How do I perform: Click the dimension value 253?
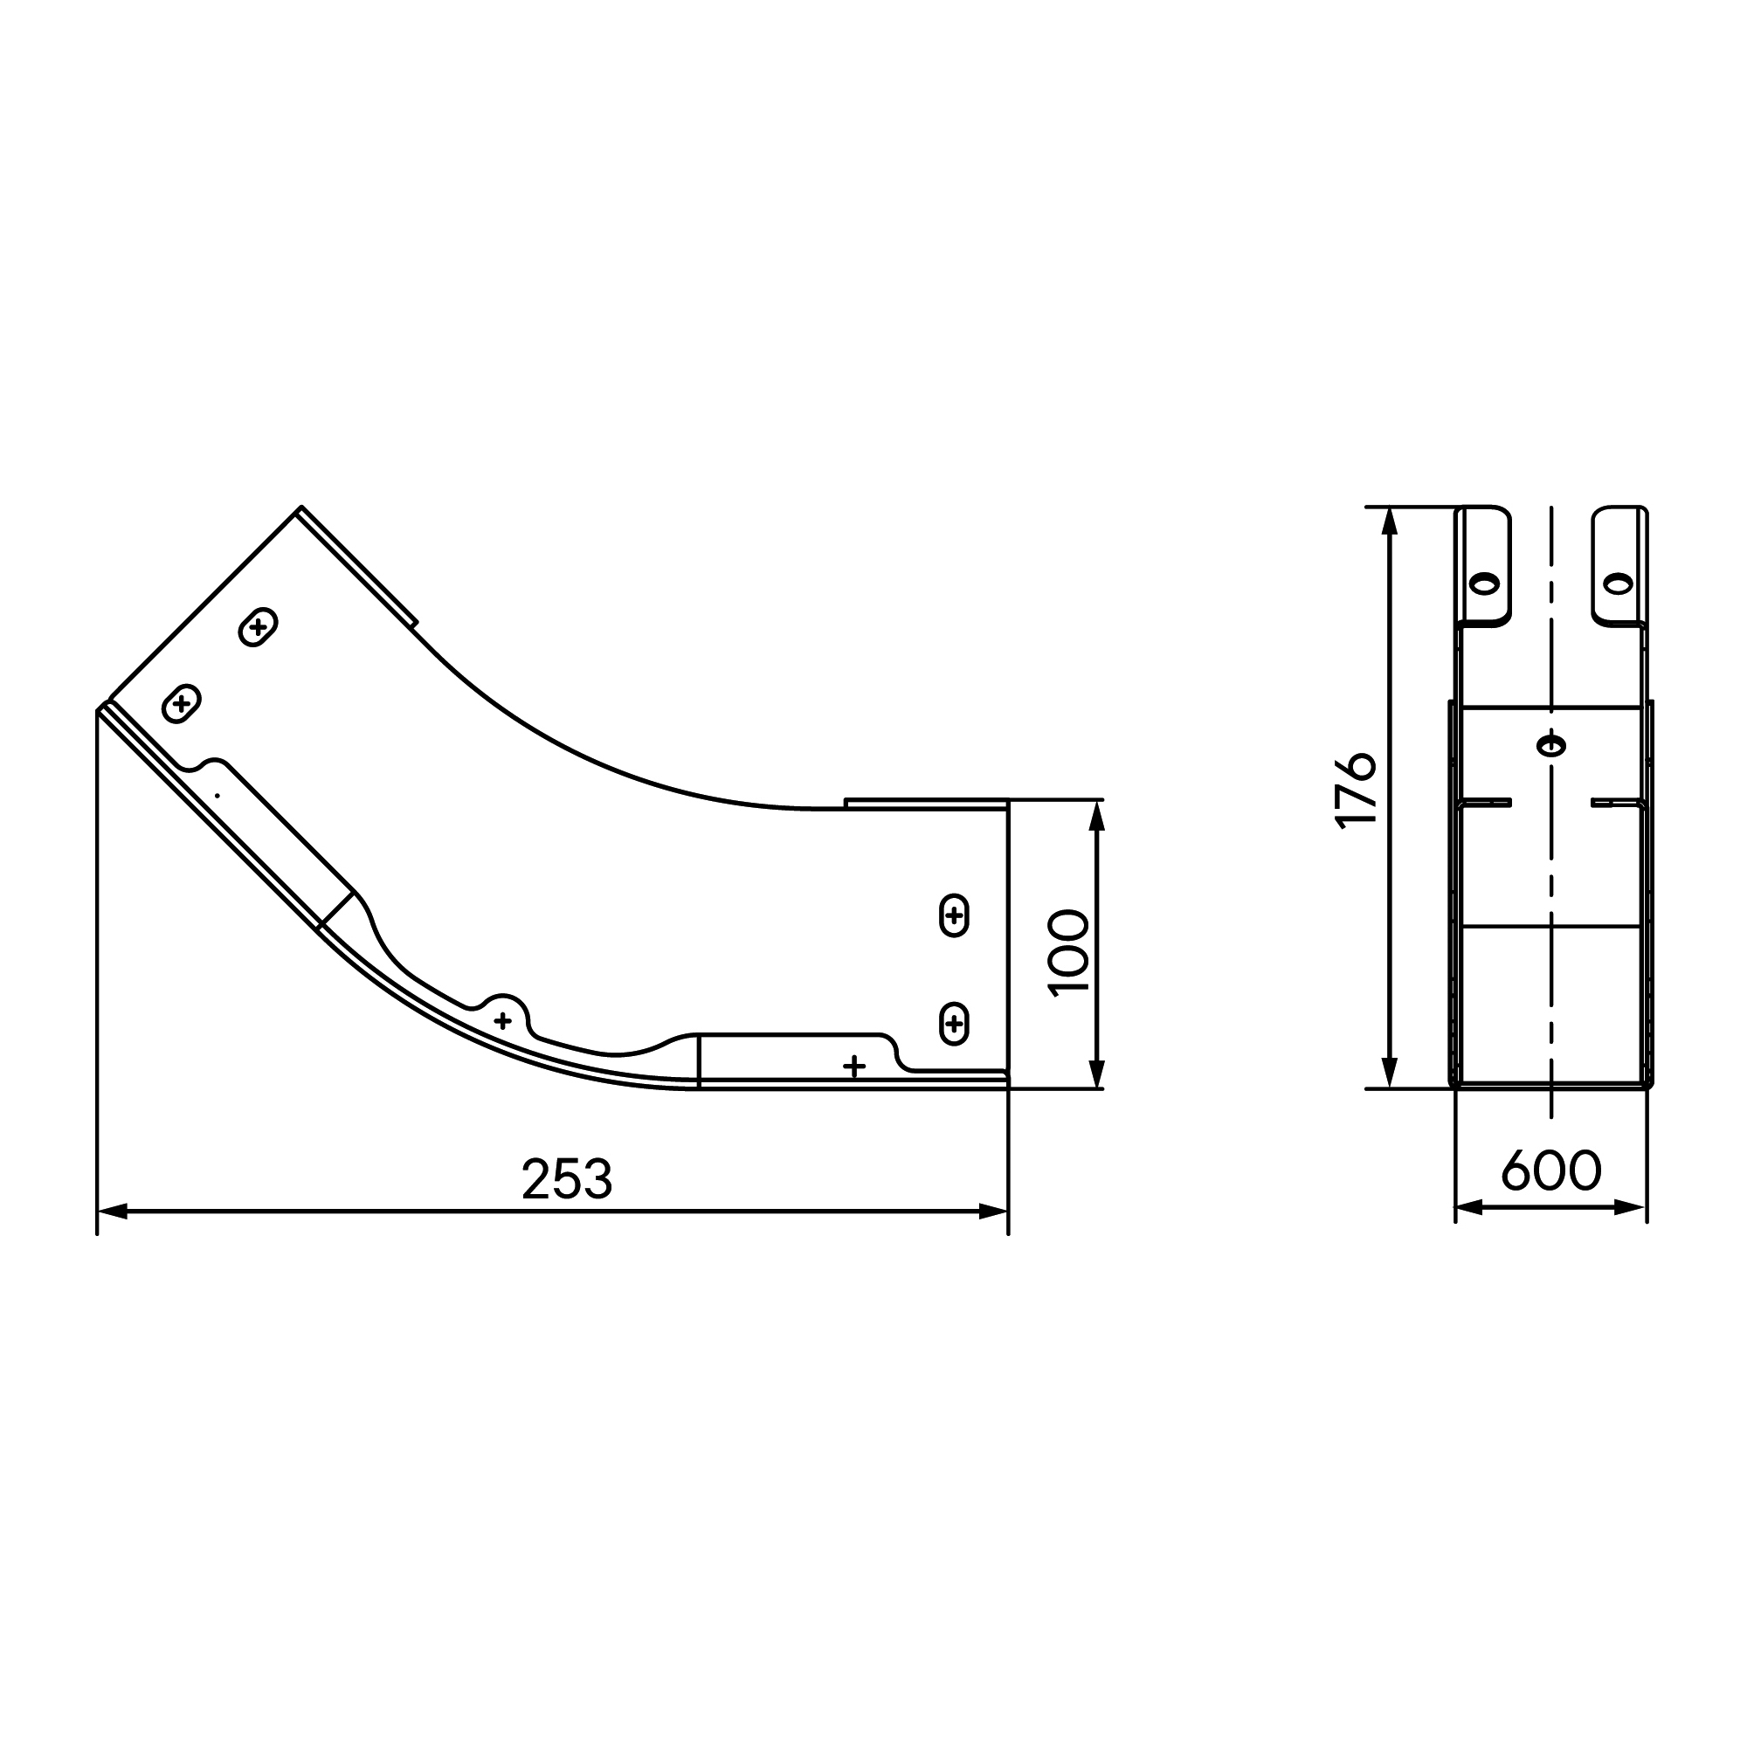pyautogui.click(x=567, y=1179)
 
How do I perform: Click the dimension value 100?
pyautogui.click(x=1069, y=952)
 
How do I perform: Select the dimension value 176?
pyautogui.click(x=1355, y=789)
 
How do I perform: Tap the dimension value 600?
pyautogui.click(x=1550, y=1170)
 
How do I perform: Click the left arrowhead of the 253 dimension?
pyautogui.click(x=112, y=1212)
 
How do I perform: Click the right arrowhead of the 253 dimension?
pyautogui.click(x=993, y=1212)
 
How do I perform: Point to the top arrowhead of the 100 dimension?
pyautogui.click(x=1097, y=816)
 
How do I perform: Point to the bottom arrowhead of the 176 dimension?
pyautogui.click(x=1391, y=1074)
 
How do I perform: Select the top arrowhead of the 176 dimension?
pyautogui.click(x=1391, y=522)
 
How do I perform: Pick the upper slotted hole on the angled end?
pyautogui.click(x=258, y=626)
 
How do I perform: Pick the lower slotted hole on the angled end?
pyautogui.click(x=181, y=703)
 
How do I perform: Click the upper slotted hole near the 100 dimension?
pyautogui.click(x=954, y=916)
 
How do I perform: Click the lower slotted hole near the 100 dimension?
pyautogui.click(x=954, y=1024)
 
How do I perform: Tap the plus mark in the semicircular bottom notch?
pyautogui.click(x=503, y=1021)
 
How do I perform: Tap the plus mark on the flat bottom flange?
pyautogui.click(x=853, y=1067)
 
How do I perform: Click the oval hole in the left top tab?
pyautogui.click(x=1484, y=583)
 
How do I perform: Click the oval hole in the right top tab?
pyautogui.click(x=1618, y=583)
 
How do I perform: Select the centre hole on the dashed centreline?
pyautogui.click(x=1550, y=746)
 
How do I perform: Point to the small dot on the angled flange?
pyautogui.click(x=217, y=796)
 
